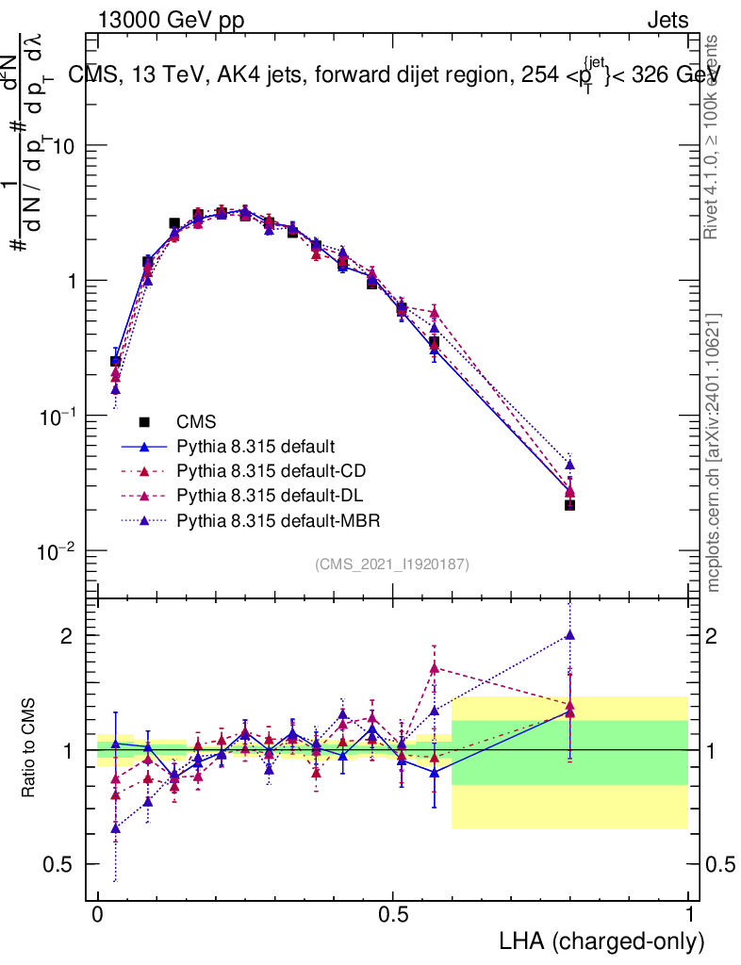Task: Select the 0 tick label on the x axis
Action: [98, 915]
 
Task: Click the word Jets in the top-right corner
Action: [667, 20]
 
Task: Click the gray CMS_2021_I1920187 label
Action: [392, 564]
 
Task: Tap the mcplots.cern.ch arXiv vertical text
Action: [715, 452]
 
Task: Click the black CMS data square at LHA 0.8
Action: [569, 505]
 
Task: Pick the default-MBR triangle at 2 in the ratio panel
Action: [569, 635]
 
